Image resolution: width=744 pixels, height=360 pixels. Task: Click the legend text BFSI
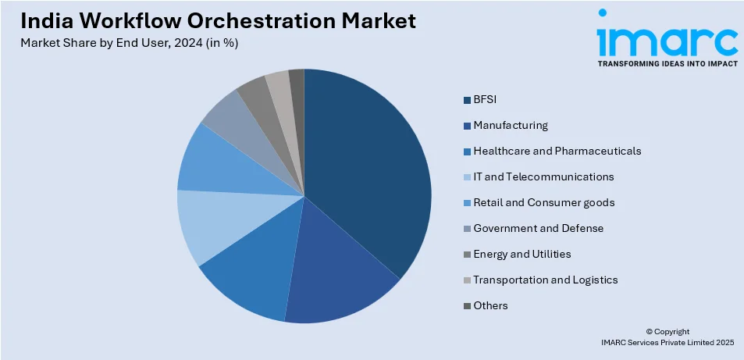(484, 100)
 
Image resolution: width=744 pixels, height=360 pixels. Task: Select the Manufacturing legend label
(510, 126)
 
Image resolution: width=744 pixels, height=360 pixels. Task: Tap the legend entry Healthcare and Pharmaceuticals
(557, 151)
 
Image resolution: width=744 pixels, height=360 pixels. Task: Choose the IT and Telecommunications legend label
(543, 176)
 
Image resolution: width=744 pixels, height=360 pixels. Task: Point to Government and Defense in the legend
(538, 228)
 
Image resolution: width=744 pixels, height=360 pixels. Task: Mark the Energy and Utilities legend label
(522, 254)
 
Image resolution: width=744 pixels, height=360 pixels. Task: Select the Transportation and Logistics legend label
(545, 280)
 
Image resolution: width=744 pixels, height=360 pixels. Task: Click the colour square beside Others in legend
(467, 305)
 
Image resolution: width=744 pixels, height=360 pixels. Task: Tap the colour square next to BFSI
(467, 100)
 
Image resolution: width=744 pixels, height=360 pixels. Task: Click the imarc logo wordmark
(667, 39)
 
